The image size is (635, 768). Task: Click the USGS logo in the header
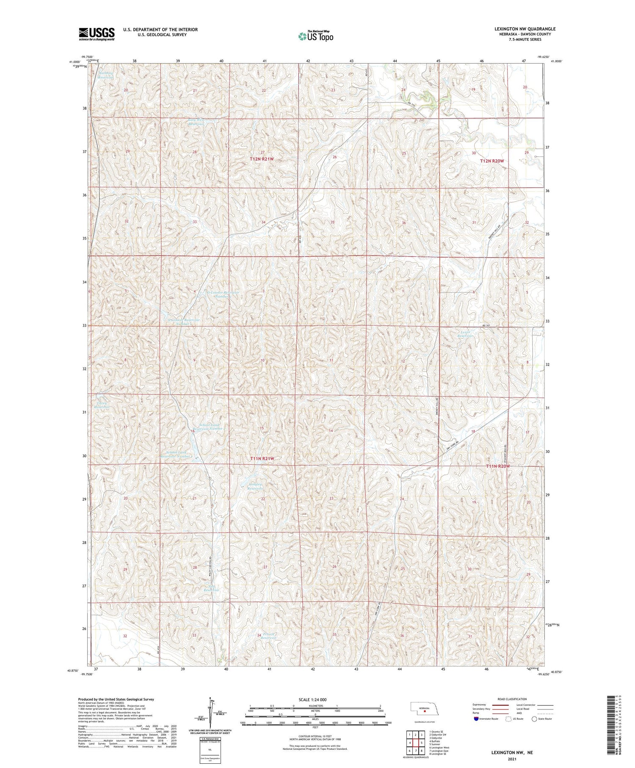coord(97,34)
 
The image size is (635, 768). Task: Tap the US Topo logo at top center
coord(315,36)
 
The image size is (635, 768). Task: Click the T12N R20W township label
coord(492,161)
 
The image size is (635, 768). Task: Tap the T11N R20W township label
coord(497,466)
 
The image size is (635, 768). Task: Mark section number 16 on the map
coord(193,431)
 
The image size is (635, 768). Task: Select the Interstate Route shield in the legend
coord(477,718)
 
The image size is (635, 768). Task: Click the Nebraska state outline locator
coord(424,709)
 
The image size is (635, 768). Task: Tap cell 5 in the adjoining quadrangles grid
coord(421,743)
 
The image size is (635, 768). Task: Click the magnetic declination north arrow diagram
coord(210,713)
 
